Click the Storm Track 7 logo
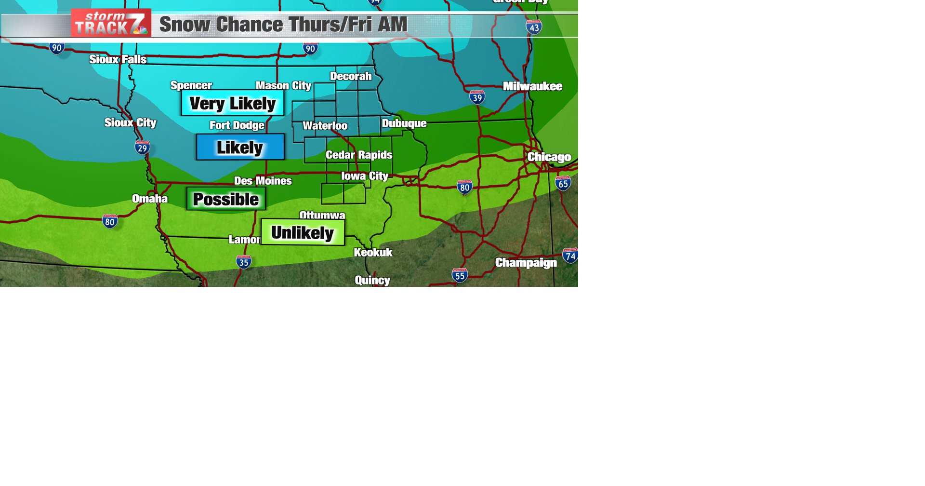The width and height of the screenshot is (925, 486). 111,23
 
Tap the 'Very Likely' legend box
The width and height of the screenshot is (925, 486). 233,103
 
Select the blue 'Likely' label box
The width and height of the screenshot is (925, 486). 240,147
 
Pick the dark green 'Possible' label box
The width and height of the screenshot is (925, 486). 226,199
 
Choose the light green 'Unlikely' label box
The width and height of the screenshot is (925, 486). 303,232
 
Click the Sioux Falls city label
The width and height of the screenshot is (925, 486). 118,59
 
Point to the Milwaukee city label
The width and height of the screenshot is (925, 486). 532,86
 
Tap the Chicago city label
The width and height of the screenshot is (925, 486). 549,157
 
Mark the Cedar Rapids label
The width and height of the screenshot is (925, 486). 359,155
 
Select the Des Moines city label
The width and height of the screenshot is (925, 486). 263,181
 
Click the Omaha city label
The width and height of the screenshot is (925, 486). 150,199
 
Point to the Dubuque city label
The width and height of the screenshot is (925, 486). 404,123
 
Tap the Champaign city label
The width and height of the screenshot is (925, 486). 526,263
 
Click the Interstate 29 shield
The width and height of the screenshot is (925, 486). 142,148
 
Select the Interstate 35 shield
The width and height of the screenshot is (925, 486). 244,262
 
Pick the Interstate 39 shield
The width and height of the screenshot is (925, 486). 477,97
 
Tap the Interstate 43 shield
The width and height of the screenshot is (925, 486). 534,27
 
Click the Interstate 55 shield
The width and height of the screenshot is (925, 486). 460,275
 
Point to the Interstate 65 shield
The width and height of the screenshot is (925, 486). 563,183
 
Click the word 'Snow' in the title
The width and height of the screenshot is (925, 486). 185,25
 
